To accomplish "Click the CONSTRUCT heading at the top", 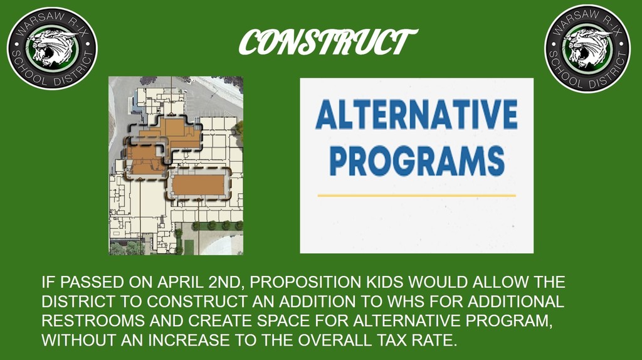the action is (328, 42).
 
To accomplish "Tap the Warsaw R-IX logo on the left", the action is (52, 48).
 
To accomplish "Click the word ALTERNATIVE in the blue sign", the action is (416, 115).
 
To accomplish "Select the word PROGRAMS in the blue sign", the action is (417, 161).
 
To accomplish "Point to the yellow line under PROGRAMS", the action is (416, 196).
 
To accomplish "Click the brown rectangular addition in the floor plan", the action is (198, 185).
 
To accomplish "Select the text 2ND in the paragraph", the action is (226, 282).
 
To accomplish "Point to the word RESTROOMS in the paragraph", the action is (93, 320).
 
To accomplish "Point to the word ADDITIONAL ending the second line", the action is (516, 302).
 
